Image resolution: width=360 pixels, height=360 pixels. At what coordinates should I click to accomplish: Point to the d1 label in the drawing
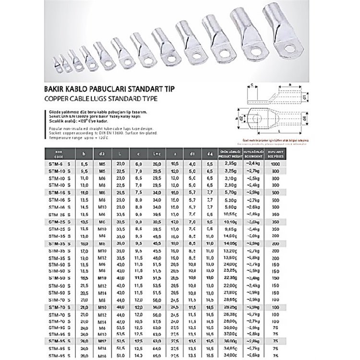[x=306, y=98]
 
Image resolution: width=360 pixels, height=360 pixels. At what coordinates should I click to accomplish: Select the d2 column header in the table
[x=101, y=154]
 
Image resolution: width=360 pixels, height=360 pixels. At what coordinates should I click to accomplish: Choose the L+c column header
[x=156, y=154]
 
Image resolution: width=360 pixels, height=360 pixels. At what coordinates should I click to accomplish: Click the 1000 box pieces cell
[x=288, y=164]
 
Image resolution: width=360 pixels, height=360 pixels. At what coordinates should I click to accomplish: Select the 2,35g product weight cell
[x=228, y=164]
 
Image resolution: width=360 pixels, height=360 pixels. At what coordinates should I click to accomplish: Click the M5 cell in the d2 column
[x=101, y=164]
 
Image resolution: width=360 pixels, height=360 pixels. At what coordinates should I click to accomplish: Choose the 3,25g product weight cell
[x=228, y=171]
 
